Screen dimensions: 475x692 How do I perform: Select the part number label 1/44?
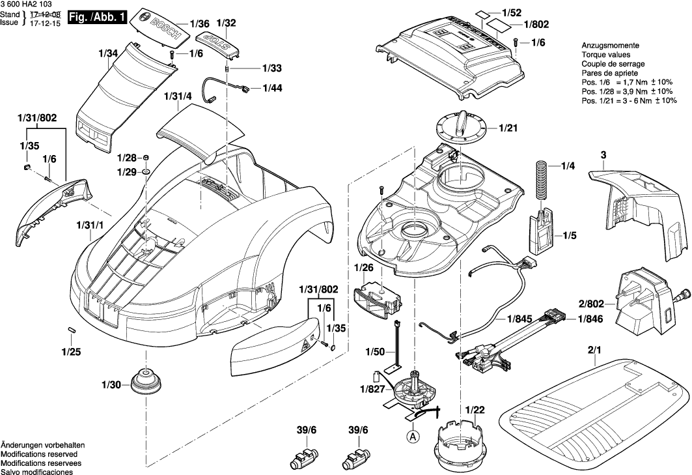click(x=272, y=87)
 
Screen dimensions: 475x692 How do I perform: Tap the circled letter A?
click(x=413, y=437)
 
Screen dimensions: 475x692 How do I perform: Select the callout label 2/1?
click(x=595, y=351)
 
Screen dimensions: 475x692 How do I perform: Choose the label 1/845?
click(x=520, y=320)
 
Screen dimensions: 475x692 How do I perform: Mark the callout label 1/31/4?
click(x=178, y=96)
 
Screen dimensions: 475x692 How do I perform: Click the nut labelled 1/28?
click(x=148, y=158)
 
